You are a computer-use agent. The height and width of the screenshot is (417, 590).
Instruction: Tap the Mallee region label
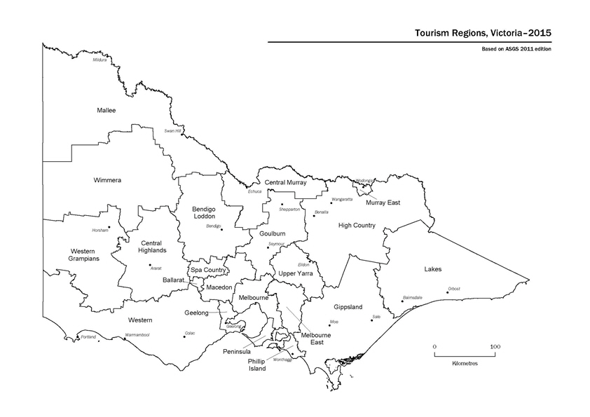pos(106,111)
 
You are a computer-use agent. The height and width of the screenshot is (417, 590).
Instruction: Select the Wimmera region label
pos(107,180)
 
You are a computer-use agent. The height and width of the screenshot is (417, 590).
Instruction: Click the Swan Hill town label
pos(172,130)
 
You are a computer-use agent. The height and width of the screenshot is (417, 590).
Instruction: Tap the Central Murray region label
pos(286,182)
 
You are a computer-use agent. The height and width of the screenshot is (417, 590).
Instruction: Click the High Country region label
pos(357,226)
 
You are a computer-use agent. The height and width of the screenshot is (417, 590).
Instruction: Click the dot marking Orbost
pos(447,292)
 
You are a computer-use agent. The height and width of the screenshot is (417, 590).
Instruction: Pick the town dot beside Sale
pos(371,320)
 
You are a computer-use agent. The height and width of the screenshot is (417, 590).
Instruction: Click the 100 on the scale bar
pos(495,347)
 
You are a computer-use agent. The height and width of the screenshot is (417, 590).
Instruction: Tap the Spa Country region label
pos(208,270)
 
